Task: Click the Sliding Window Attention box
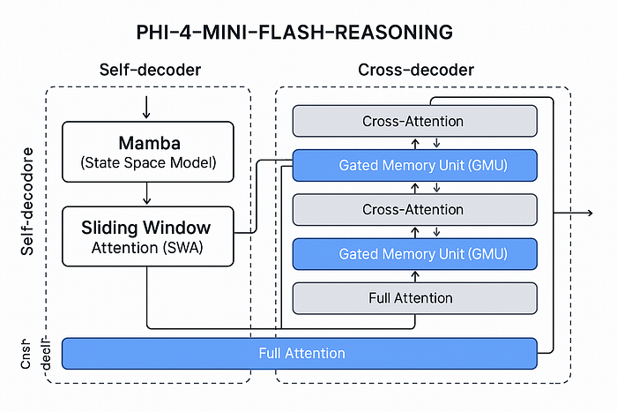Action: click(148, 236)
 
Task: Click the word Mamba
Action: click(148, 142)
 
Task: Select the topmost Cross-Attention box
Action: click(414, 121)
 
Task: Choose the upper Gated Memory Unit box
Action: click(414, 165)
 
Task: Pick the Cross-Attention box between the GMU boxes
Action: click(414, 209)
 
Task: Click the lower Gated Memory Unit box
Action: click(414, 253)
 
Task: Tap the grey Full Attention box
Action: click(414, 297)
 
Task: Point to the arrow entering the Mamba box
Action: click(146, 108)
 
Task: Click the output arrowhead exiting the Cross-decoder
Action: click(587, 213)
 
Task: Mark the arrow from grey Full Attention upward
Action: click(414, 275)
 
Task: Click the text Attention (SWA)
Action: click(148, 248)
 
